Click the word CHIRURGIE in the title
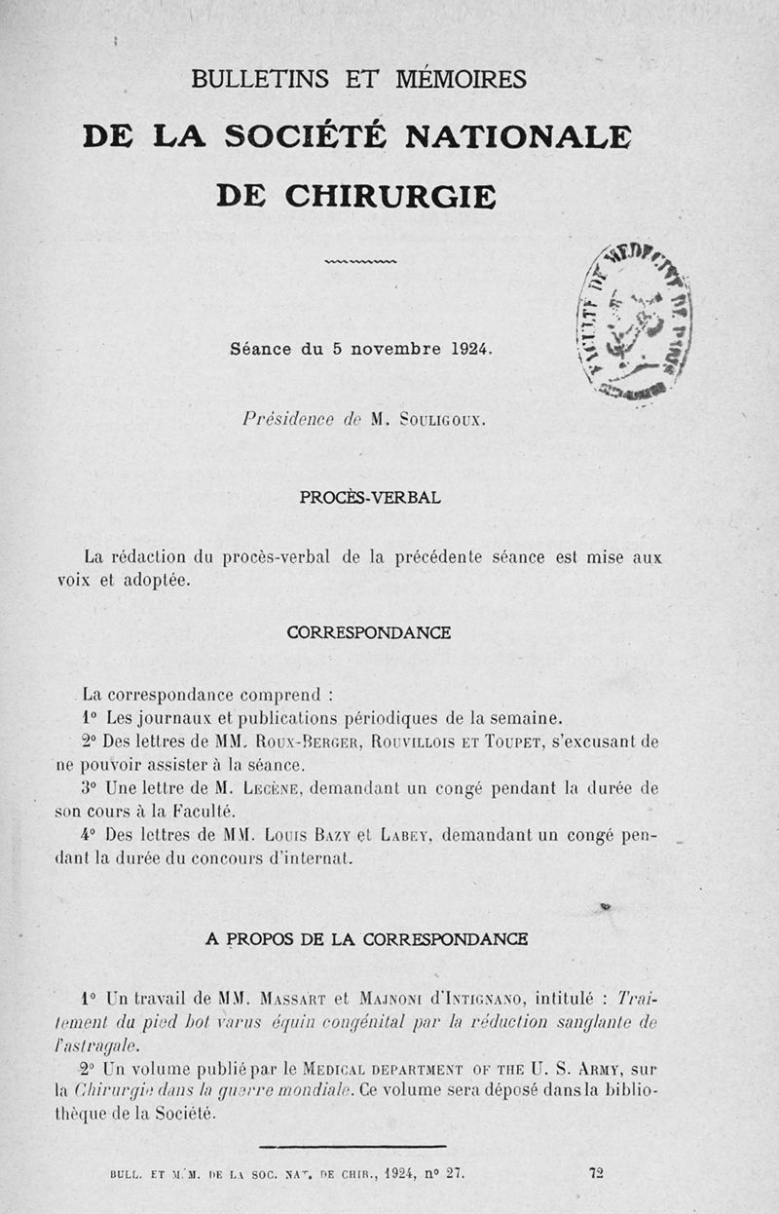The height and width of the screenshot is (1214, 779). pos(390,195)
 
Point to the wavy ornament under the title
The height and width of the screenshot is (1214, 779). pos(360,261)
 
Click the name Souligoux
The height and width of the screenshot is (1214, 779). pos(436,420)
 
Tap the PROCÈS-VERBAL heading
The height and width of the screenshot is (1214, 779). pos(369,497)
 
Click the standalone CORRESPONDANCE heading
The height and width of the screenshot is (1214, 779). pos(368,632)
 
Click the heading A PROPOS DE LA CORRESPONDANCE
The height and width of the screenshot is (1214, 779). pos(367,939)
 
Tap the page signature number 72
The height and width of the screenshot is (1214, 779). pos(596,1173)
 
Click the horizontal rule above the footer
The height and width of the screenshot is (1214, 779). pos(352,1146)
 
